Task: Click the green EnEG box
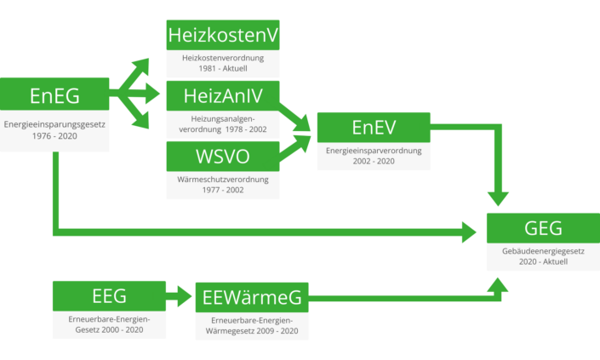point(54,95)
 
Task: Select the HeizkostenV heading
point(222,36)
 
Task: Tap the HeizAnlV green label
point(222,96)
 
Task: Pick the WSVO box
point(222,157)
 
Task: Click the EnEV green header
point(373,127)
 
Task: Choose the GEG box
point(542,227)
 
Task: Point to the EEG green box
point(109,295)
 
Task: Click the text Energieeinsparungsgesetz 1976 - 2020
point(54,131)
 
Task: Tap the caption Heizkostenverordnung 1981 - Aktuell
point(222,63)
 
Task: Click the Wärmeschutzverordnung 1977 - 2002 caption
point(222,185)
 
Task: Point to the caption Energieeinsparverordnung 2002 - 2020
point(373,155)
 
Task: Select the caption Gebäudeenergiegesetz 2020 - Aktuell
point(542,256)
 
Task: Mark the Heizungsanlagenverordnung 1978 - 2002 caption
point(222,123)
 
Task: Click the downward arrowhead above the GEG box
point(498,198)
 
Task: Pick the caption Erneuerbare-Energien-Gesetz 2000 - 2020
point(109,323)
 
